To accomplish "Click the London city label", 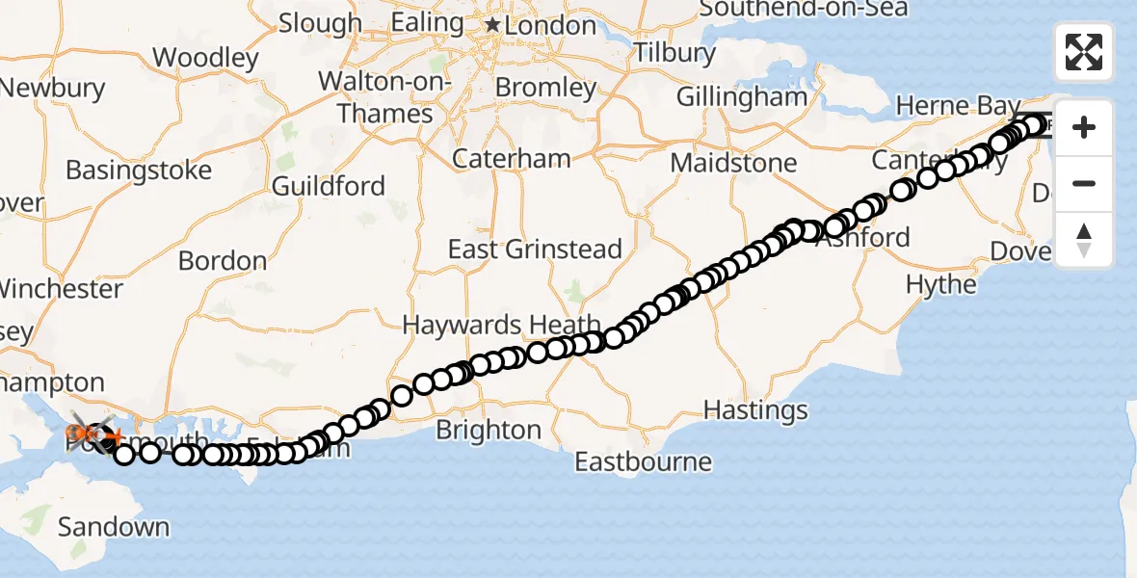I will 551,25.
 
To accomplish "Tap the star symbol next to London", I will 493,24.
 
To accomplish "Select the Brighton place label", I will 489,430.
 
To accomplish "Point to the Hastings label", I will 755,410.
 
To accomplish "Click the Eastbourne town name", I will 643,461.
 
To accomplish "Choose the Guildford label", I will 329,186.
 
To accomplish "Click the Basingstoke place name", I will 139,171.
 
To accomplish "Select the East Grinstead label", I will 535,250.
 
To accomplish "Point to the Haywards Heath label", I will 501,326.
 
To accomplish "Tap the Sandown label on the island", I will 114,527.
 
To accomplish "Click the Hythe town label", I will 941,284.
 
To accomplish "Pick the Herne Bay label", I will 946,105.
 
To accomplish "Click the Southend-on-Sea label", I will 803,9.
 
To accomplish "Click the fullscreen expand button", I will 1084,52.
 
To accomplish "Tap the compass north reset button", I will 1084,240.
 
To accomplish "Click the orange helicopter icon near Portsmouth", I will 88,435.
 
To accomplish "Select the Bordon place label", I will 223,261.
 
